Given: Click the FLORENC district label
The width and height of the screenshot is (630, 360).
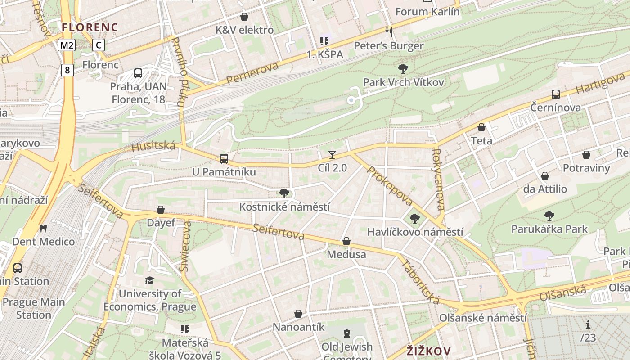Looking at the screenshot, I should tap(90, 27).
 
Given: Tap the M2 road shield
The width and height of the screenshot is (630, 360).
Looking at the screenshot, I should tap(67, 45).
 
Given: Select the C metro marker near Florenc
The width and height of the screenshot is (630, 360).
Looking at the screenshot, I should tap(99, 45).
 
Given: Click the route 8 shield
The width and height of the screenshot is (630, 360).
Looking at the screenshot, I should tap(67, 70).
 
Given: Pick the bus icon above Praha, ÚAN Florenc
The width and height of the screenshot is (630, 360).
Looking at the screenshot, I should tap(138, 73).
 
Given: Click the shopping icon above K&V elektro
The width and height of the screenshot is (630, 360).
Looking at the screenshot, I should tap(244, 17).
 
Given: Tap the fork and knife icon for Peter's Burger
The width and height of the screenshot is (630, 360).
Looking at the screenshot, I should tap(389, 32).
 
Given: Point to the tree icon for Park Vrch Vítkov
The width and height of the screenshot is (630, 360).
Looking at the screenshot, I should tap(403, 69).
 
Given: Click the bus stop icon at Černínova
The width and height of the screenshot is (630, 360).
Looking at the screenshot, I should tap(556, 94).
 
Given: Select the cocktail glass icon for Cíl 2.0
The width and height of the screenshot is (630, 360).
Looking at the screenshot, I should tap(332, 155).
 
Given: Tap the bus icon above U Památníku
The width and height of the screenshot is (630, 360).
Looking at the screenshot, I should tap(224, 158).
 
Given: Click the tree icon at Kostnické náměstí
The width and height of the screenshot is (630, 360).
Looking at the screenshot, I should tap(284, 193).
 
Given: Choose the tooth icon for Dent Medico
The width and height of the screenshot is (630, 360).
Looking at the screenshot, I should tap(43, 228).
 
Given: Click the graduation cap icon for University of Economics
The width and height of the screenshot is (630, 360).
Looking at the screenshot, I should tap(149, 280).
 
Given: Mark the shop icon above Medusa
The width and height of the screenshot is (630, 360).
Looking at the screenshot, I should tap(346, 241).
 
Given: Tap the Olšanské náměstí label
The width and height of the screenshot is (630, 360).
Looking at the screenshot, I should tap(483, 318).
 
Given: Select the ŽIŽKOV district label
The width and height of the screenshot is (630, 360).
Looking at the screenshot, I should tap(428, 351).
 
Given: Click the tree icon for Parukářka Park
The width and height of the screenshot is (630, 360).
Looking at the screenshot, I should tap(549, 216).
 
